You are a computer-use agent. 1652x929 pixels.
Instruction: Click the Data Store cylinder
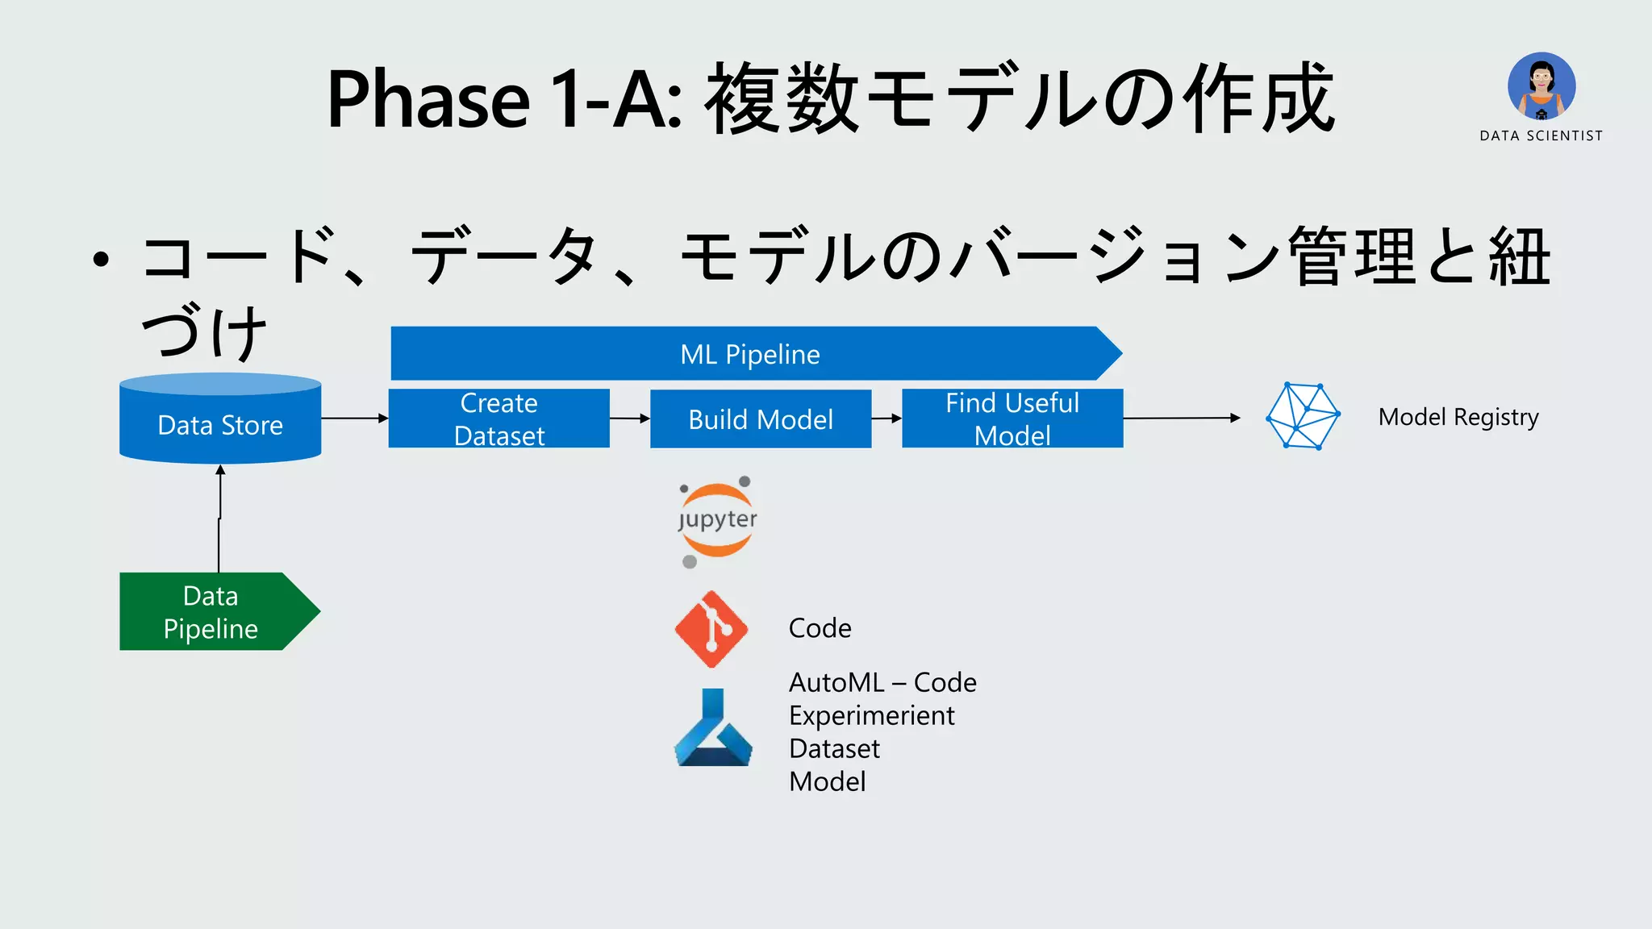(x=220, y=419)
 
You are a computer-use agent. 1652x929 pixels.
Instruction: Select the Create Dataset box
(x=499, y=419)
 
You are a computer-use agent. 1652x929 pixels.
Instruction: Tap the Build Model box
(x=761, y=419)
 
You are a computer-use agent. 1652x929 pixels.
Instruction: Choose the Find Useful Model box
(x=1012, y=419)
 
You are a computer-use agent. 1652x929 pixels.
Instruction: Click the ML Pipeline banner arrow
(x=750, y=353)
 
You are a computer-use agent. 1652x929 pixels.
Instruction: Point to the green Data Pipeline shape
(x=211, y=611)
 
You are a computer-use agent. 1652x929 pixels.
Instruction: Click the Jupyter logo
(x=716, y=520)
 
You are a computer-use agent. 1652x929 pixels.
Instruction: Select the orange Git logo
(x=711, y=629)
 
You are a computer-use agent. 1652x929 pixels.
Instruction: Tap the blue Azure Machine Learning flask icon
(x=713, y=728)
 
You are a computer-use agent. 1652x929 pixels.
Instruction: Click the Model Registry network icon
(x=1303, y=416)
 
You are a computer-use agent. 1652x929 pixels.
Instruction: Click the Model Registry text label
(x=1458, y=417)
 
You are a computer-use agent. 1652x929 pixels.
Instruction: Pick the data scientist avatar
(x=1541, y=85)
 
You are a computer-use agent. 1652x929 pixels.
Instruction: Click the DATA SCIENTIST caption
(x=1541, y=135)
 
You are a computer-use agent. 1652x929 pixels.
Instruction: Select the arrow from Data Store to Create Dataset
(x=355, y=418)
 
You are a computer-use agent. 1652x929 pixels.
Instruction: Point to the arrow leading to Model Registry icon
(x=1182, y=418)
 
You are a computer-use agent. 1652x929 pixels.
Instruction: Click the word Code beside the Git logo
(x=820, y=628)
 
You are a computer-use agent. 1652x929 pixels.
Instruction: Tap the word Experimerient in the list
(x=871, y=715)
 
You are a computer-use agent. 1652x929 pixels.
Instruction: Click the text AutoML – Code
(x=882, y=682)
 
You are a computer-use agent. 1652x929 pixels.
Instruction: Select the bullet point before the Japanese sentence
(x=100, y=259)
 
